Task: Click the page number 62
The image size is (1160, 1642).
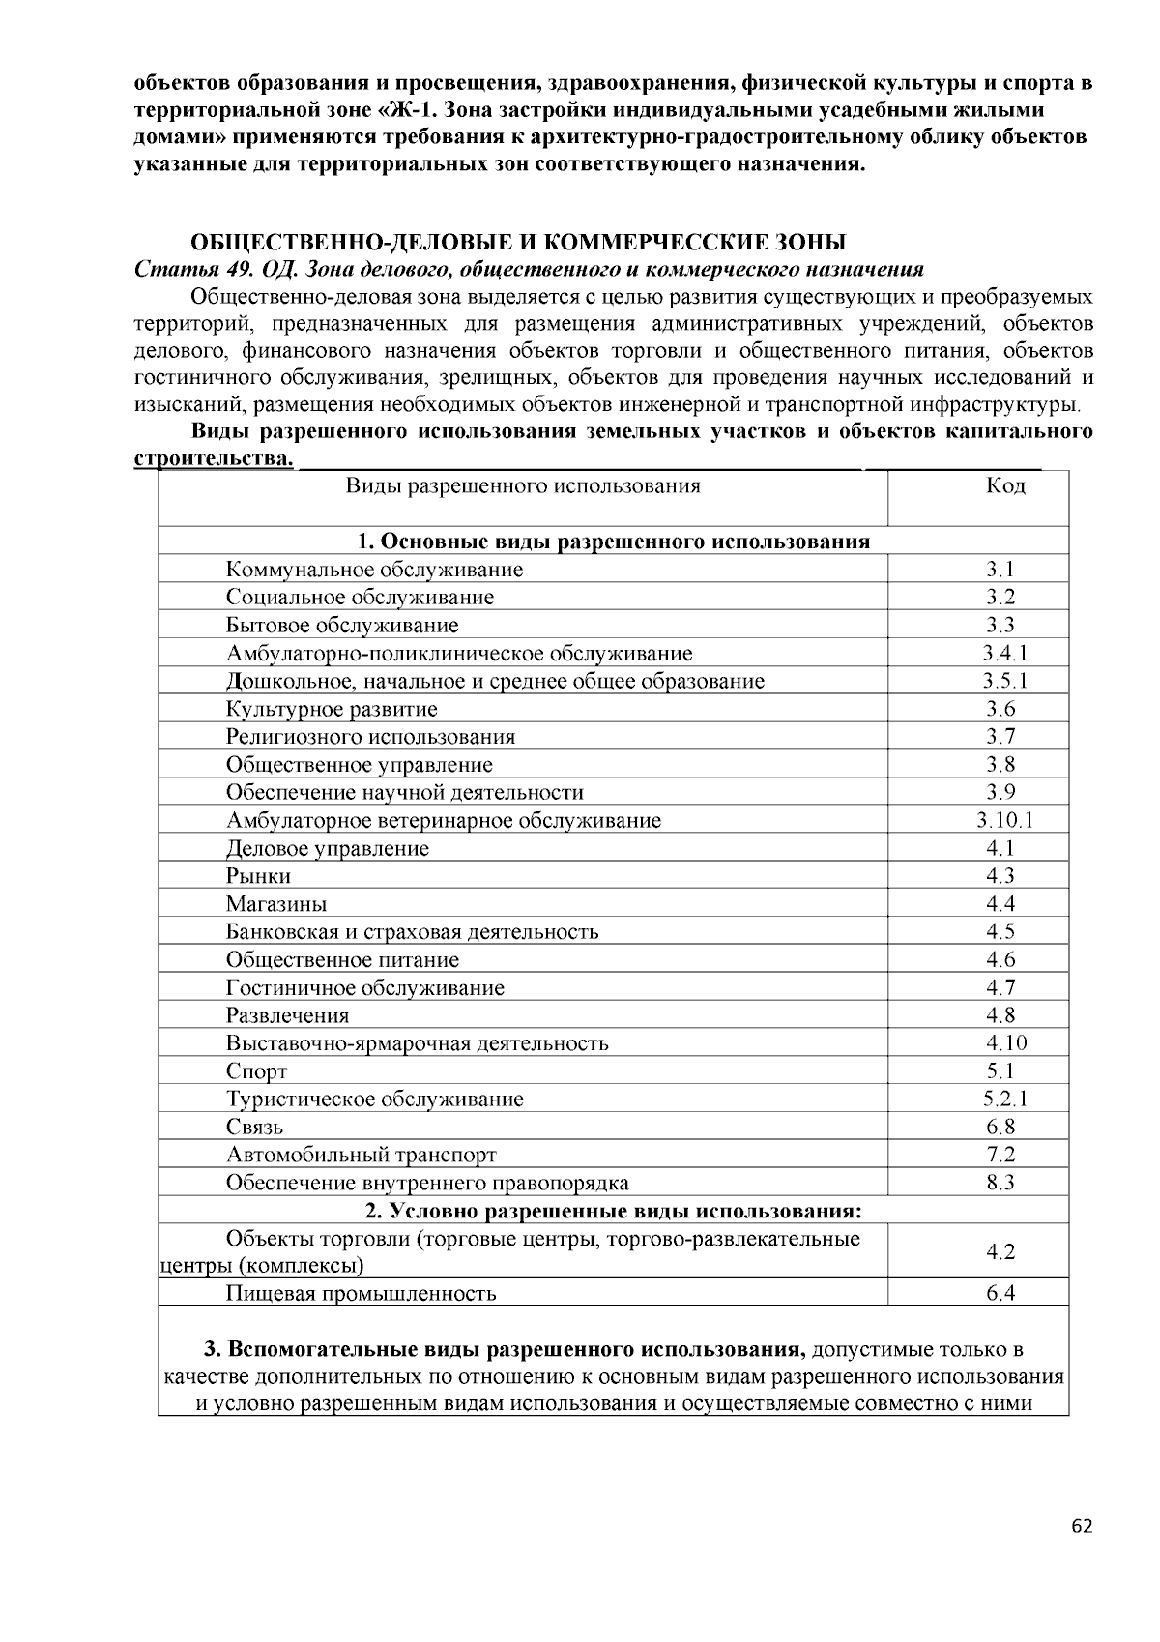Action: click(1082, 1527)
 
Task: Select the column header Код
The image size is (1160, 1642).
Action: click(1005, 485)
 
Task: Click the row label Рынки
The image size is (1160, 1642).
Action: click(258, 876)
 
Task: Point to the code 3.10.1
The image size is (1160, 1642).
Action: click(1005, 821)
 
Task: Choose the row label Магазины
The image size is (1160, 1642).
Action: click(276, 904)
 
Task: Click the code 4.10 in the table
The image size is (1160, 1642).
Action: click(1005, 1042)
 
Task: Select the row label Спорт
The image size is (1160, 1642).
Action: click(257, 1071)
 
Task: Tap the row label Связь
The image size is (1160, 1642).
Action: click(255, 1127)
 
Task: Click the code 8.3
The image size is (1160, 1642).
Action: click(1000, 1182)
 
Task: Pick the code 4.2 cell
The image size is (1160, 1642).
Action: click(1000, 1251)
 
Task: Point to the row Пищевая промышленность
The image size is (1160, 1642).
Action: click(362, 1293)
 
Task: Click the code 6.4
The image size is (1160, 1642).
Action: click(1000, 1293)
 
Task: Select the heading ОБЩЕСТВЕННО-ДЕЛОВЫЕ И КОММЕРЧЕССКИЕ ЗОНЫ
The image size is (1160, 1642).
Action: click(517, 241)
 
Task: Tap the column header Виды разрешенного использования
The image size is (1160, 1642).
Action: click(523, 485)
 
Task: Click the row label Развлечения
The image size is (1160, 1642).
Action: click(288, 1015)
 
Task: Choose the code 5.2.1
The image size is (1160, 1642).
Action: click(1005, 1099)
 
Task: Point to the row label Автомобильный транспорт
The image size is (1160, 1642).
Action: click(362, 1155)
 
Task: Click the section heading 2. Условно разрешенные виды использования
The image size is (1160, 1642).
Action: click(613, 1211)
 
